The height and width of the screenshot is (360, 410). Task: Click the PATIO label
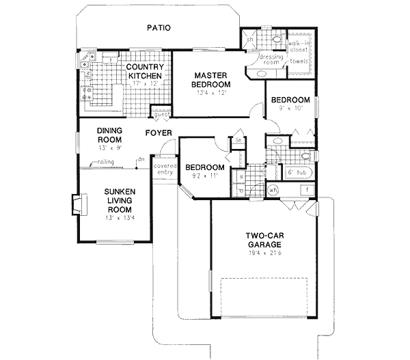coord(158,28)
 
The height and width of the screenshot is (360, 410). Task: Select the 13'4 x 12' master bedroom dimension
coord(211,94)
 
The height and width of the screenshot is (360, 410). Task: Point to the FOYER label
coord(157,133)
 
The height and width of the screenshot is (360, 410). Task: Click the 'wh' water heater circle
coord(272,191)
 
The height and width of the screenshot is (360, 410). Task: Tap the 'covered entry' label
coord(165,169)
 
